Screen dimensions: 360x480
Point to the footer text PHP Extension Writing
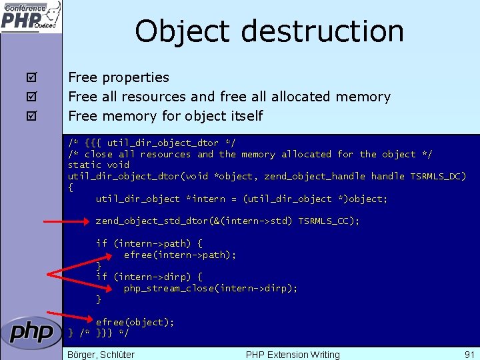click(293, 354)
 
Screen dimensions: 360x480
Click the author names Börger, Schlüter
click(101, 354)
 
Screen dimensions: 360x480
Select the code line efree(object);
click(135, 322)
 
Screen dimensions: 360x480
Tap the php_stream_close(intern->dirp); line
click(211, 288)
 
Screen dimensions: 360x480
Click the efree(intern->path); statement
click(180, 255)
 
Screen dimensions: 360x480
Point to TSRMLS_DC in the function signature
click(438, 176)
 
